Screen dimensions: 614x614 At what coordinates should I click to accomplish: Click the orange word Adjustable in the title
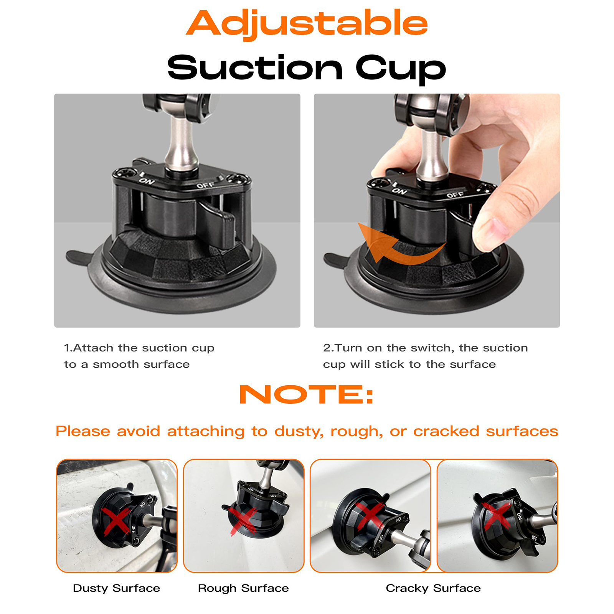pyautogui.click(x=307, y=24)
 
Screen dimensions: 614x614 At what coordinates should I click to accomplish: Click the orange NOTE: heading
pyautogui.click(x=306, y=394)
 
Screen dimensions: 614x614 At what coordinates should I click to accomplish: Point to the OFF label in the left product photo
pyautogui.click(x=206, y=185)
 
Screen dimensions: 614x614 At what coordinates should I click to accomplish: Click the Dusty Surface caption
pyautogui.click(x=116, y=588)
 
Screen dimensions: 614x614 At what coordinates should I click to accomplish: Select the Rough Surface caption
pyautogui.click(x=243, y=588)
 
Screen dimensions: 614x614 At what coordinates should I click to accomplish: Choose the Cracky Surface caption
pyautogui.click(x=433, y=588)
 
